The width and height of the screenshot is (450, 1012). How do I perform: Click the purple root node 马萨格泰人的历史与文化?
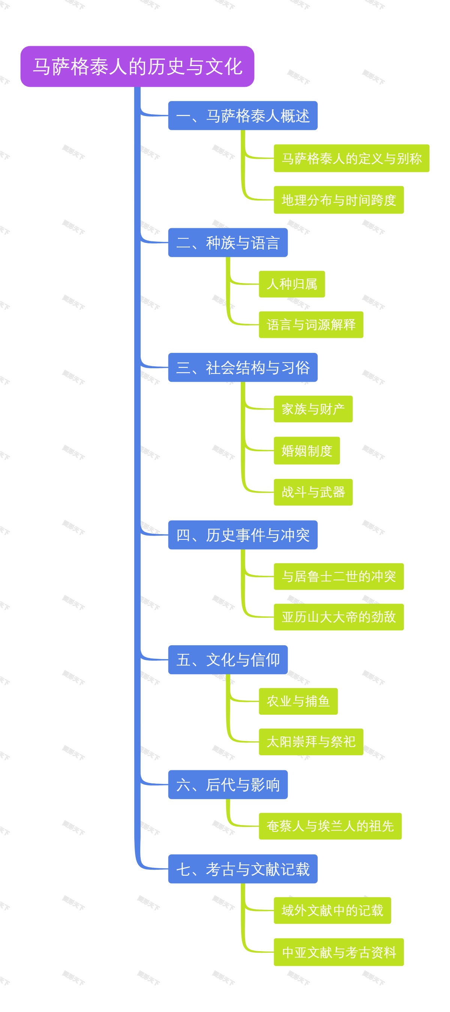[137, 66]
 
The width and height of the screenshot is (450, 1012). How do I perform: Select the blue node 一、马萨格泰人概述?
[243, 116]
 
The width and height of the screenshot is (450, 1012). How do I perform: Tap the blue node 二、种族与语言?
[228, 243]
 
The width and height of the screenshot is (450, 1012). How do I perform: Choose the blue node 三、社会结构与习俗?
[243, 368]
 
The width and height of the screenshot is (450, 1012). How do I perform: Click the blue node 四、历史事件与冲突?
[243, 535]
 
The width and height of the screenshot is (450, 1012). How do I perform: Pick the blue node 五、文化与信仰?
[228, 660]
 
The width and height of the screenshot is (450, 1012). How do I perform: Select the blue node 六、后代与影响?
[228, 785]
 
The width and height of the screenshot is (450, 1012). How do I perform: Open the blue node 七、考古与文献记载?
[243, 869]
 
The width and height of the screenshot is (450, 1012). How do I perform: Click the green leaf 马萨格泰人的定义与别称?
[351, 159]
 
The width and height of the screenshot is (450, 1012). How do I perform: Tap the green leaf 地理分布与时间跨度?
[338, 200]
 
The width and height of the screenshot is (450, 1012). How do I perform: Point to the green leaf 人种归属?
[291, 284]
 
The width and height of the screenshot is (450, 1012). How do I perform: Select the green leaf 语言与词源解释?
[311, 325]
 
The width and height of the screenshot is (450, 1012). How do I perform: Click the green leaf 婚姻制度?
[306, 450]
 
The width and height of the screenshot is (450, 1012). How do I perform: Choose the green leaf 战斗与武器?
[313, 492]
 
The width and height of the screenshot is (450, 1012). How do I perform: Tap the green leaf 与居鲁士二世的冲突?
[338, 576]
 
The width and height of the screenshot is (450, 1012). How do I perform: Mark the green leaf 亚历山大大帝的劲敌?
[338, 617]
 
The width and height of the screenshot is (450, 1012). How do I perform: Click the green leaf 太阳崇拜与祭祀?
[311, 742]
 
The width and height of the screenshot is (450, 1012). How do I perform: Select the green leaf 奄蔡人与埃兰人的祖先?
[330, 826]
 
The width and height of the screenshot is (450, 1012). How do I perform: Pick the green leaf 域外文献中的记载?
[332, 911]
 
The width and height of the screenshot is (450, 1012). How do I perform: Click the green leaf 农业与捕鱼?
[298, 701]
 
